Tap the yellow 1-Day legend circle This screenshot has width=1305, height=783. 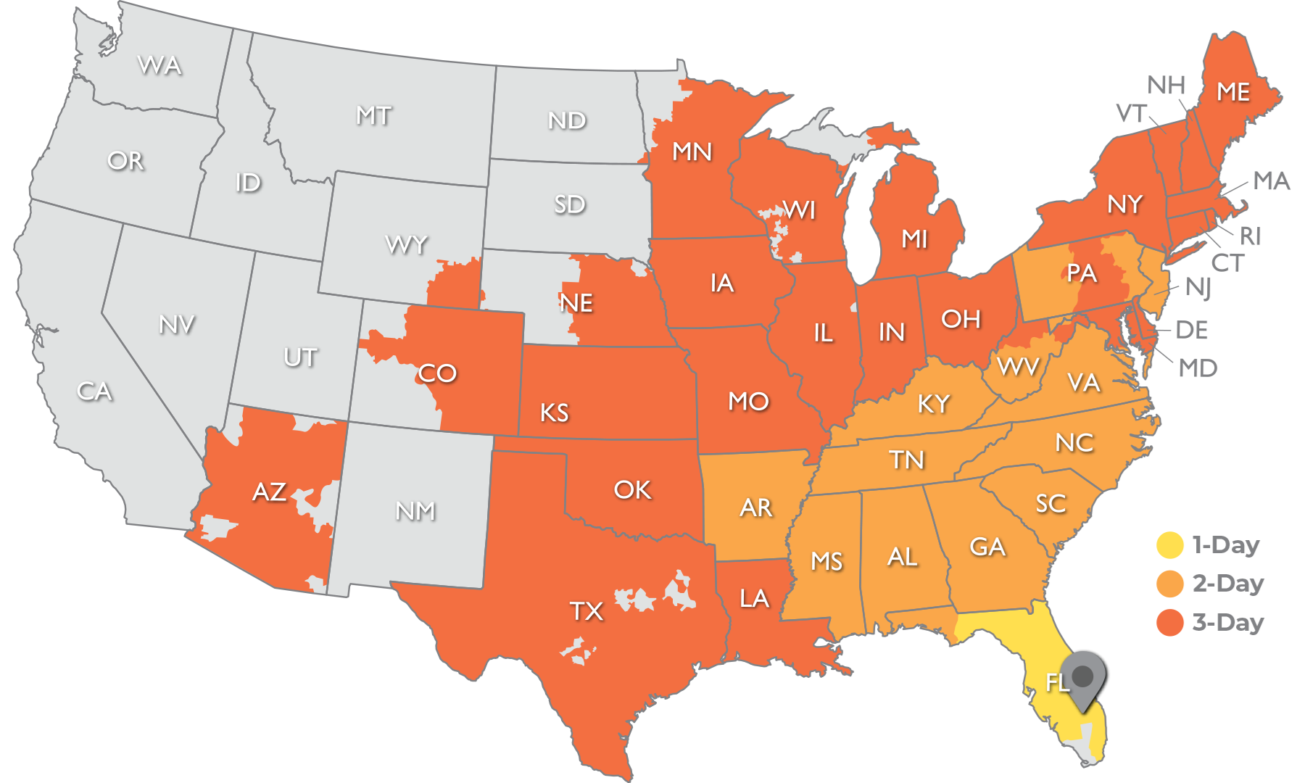point(1169,545)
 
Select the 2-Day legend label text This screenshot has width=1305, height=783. point(1228,584)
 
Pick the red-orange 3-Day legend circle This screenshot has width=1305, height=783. point(1169,623)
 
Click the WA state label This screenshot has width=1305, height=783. point(159,66)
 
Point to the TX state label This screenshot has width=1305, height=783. point(586,611)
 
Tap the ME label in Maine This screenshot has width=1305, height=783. point(1232,92)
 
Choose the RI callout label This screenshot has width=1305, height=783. point(1250,236)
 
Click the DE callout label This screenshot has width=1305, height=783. point(1192,331)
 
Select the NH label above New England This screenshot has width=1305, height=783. point(1167,86)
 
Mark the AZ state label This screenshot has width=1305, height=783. point(269,492)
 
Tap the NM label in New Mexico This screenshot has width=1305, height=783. point(415,511)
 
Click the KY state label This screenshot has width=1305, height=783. point(933,404)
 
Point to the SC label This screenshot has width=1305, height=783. point(1051,503)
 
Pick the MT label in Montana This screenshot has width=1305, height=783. point(373,116)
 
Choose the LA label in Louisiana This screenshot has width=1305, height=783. point(754,599)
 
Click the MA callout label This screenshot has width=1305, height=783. point(1272,181)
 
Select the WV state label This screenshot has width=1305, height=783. point(1018,367)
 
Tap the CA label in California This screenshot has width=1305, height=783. point(94,391)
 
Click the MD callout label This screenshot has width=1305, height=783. point(1198,368)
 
